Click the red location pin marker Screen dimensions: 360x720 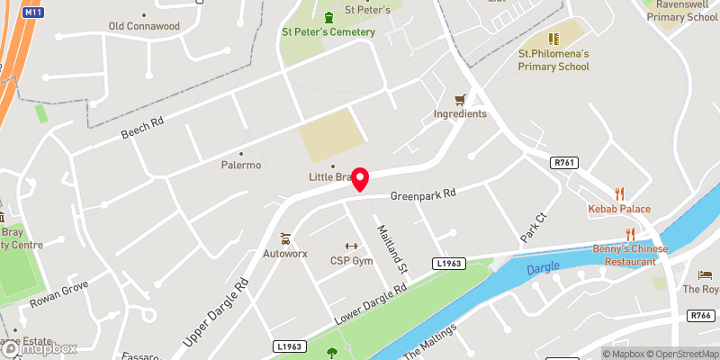(360, 178)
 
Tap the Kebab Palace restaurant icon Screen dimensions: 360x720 (619, 193)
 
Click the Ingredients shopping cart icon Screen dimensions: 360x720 (460, 99)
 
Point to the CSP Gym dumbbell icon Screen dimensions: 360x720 (351, 246)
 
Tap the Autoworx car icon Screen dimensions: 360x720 (285, 238)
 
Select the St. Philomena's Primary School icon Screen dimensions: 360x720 (553, 39)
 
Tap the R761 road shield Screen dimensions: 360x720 (564, 161)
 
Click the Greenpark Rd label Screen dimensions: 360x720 (423, 194)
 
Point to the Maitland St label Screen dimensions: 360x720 (393, 248)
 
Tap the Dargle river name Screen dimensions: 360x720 (543, 266)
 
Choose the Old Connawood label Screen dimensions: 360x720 (144, 26)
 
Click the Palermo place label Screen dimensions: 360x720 (241, 166)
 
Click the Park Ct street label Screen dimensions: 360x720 (533, 228)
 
